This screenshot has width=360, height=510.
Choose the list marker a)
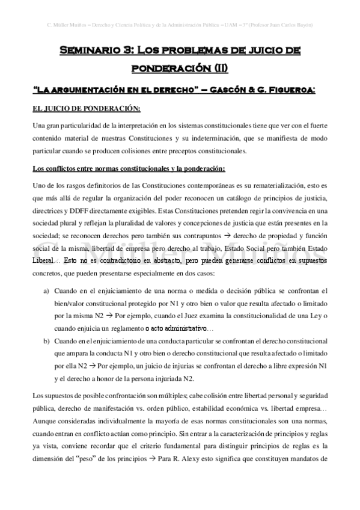pos(46,290)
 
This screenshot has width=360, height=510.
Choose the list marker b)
pos(46,341)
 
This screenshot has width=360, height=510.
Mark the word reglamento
pos(126,328)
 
